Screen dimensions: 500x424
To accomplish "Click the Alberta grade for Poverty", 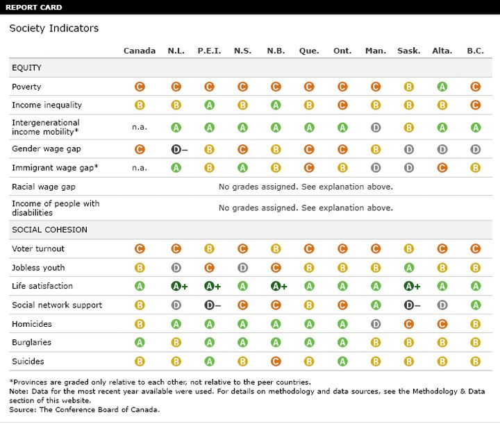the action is click(x=442, y=87).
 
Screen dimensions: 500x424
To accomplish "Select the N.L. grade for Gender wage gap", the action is click(x=179, y=149).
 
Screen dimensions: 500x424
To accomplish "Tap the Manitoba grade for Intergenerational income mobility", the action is click(x=376, y=128).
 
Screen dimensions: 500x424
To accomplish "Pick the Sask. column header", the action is click(x=409, y=51).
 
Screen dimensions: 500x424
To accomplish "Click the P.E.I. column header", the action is click(x=209, y=51).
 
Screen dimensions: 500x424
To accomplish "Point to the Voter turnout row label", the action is click(x=38, y=248).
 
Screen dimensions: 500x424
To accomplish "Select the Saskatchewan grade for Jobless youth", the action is click(x=409, y=268).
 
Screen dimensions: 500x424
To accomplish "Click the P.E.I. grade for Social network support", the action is click(x=212, y=305).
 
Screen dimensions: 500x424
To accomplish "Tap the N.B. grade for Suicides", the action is click(x=276, y=362).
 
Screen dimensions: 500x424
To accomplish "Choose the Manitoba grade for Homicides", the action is click(x=376, y=324).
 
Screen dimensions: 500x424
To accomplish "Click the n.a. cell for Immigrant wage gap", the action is click(x=140, y=168).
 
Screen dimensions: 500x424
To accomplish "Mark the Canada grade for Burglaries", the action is click(x=140, y=342).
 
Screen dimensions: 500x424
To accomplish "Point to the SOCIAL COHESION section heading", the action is click(x=49, y=230).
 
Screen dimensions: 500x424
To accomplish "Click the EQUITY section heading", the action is click(x=26, y=67).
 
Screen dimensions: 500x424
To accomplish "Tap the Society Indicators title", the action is click(x=54, y=28).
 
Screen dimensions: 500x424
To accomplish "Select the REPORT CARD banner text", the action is click(x=34, y=8).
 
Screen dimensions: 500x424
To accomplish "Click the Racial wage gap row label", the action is click(x=44, y=187).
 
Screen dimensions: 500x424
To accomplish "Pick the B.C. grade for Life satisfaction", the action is click(x=476, y=286).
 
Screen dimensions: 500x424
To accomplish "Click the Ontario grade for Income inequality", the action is click(x=342, y=105).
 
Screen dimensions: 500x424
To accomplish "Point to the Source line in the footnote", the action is click(x=85, y=409).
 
